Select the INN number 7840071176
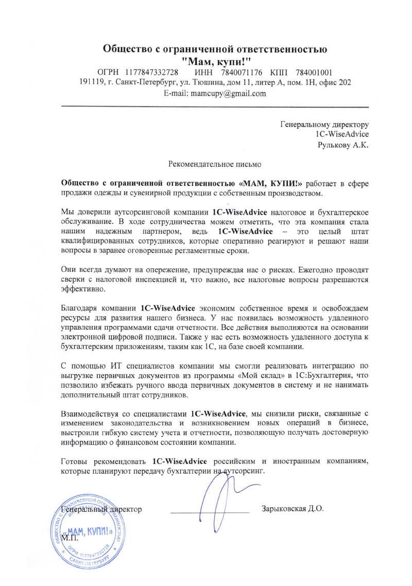coord(241,72)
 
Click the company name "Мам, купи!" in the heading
coord(215,61)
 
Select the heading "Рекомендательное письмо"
coord(215,165)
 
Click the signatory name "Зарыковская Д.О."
coord(292,509)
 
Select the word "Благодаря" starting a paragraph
coord(78,309)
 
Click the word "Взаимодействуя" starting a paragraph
coord(89,413)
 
